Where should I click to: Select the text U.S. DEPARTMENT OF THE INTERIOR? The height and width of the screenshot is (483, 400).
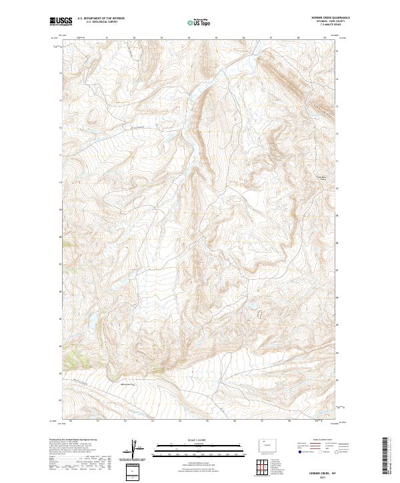(100, 19)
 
